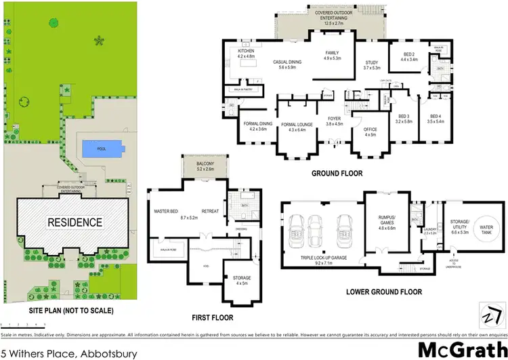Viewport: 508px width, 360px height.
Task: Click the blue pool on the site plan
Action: (102, 148)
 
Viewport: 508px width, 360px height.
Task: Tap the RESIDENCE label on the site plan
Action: (75, 222)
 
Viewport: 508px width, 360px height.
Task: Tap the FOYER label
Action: (335, 120)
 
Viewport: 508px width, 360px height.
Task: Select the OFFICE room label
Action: (370, 129)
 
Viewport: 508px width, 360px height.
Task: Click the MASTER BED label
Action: (165, 212)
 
